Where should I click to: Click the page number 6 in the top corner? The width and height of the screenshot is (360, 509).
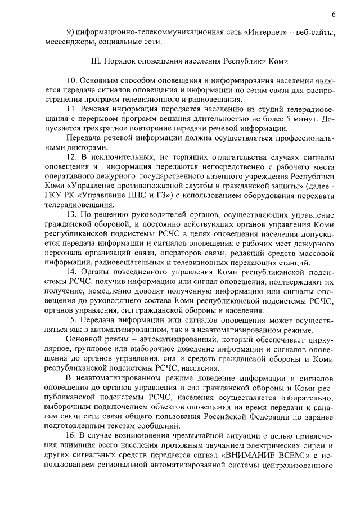(333, 14)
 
